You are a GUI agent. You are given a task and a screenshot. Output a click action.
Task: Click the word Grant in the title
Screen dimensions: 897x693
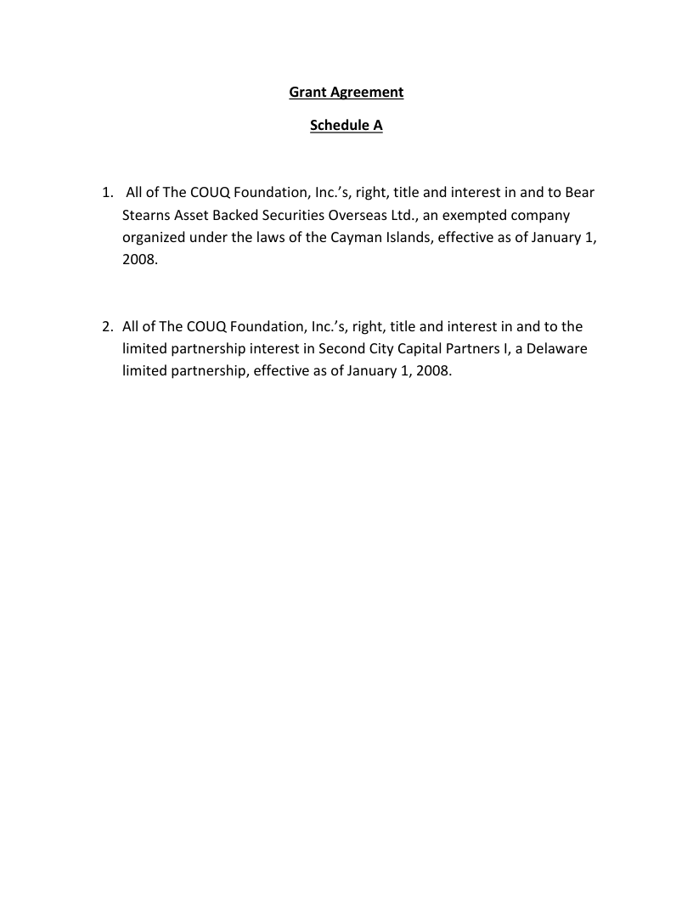(x=307, y=92)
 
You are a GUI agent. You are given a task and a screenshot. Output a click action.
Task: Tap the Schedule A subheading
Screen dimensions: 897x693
(x=346, y=126)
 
